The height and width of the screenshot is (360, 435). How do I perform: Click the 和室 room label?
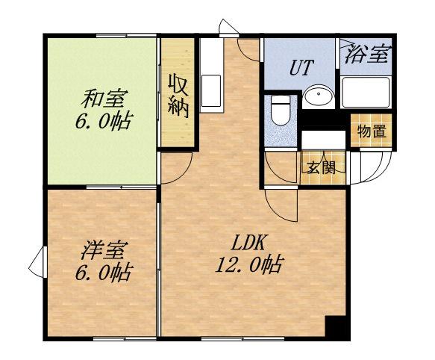click(104, 97)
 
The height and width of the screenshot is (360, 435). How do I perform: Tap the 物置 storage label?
click(370, 131)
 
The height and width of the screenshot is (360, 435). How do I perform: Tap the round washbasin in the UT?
click(321, 98)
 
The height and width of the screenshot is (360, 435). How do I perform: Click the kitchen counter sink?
click(210, 84)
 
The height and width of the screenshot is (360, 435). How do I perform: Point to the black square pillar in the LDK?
click(335, 327)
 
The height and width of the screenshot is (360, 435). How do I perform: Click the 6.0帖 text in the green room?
click(104, 120)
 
